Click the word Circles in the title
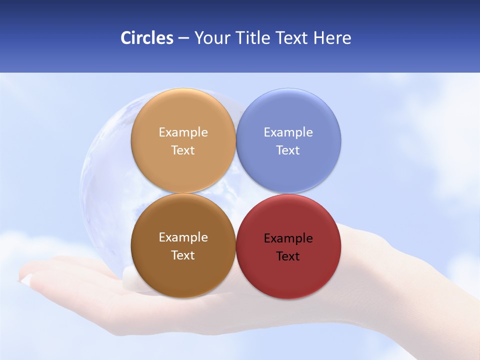pos(146,38)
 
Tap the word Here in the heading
pos(332,38)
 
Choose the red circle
pos(288,280)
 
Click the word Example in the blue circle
pos(288,132)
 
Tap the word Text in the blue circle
pos(288,150)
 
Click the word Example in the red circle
pos(288,238)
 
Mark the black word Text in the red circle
pos(288,256)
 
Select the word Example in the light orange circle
pos(183,132)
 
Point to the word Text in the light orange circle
pos(183,150)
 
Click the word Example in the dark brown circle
pos(183,237)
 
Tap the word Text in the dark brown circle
pos(183,255)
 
